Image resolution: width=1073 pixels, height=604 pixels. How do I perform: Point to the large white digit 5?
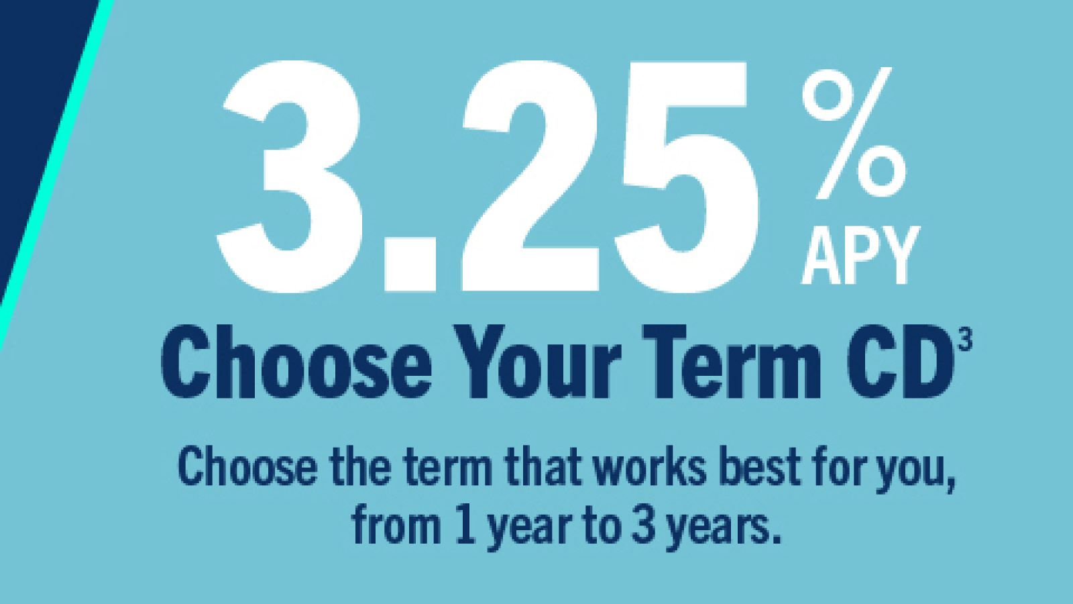pyautogui.click(x=685, y=177)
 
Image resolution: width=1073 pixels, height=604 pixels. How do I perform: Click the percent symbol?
pyautogui.click(x=854, y=133)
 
